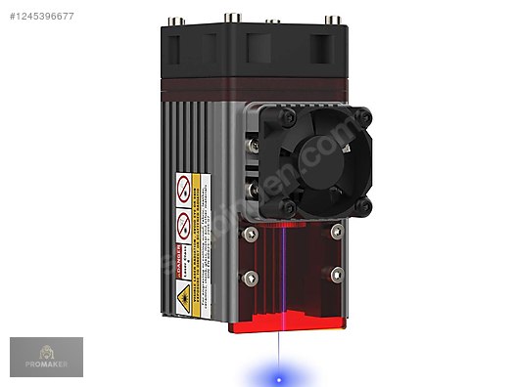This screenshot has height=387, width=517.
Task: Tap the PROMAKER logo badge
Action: [x=46, y=358]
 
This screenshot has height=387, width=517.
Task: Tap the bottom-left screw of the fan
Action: [x=287, y=206]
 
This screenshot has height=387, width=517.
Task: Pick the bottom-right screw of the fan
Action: [x=364, y=206]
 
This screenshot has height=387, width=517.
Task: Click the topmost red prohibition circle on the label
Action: [x=182, y=186]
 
